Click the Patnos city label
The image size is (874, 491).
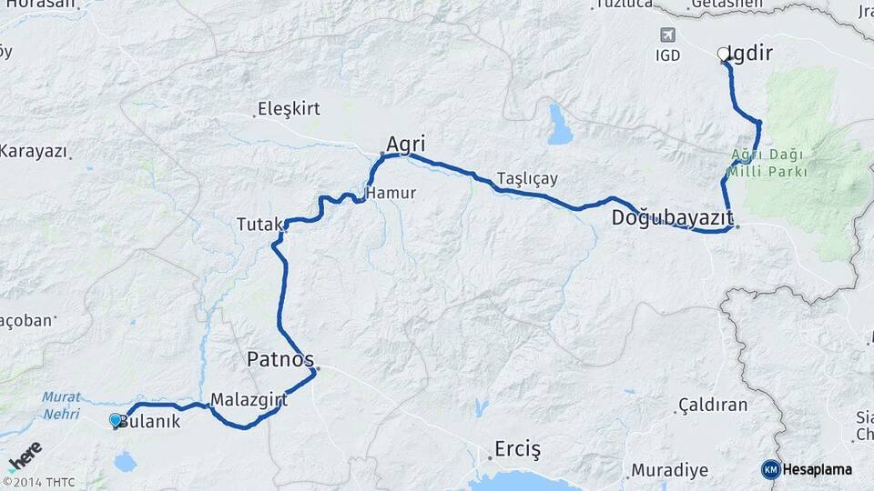click(x=280, y=360)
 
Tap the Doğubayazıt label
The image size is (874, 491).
click(x=672, y=217)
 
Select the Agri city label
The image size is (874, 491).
click(x=406, y=144)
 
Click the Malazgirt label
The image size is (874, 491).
click(x=249, y=399)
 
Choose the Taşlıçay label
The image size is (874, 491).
click(x=527, y=178)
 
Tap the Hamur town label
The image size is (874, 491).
click(x=391, y=193)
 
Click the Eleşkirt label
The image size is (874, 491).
click(x=290, y=109)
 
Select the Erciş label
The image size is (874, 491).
click(x=517, y=449)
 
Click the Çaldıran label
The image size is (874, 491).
click(x=713, y=405)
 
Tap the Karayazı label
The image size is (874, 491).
click(x=34, y=151)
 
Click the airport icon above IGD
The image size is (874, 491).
click(x=667, y=35)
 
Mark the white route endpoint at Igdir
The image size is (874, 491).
click(x=724, y=55)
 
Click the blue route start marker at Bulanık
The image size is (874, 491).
click(x=116, y=420)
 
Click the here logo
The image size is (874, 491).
click(x=24, y=456)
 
